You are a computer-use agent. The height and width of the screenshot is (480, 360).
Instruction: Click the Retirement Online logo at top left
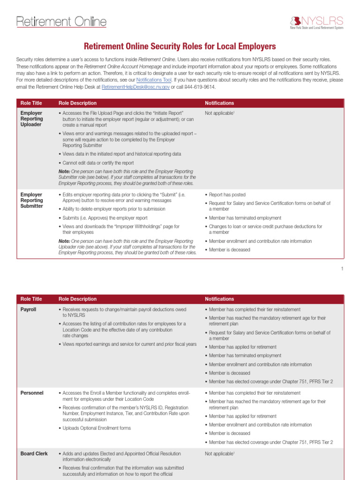pyautogui.click(x=61, y=22)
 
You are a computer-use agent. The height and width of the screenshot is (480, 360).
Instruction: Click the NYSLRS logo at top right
pyautogui.click(x=316, y=22)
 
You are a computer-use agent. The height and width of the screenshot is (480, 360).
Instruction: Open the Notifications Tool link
pyautogui.click(x=154, y=80)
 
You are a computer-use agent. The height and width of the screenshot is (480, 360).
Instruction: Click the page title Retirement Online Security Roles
pyautogui.click(x=180, y=46)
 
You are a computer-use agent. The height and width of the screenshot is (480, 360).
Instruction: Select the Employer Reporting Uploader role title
pyautogui.click(x=32, y=119)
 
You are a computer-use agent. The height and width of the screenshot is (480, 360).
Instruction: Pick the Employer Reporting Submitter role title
pyautogui.click(x=32, y=200)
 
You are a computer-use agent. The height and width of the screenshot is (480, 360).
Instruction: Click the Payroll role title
pyautogui.click(x=28, y=310)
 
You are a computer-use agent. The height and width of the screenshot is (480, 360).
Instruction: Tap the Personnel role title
pyautogui.click(x=32, y=393)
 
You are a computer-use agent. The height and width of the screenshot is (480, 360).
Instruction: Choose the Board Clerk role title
pyautogui.click(x=34, y=454)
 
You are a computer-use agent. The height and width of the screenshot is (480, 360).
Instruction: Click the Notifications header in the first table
pyautogui.click(x=219, y=103)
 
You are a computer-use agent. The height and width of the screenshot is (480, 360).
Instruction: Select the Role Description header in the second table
pyautogui.click(x=77, y=299)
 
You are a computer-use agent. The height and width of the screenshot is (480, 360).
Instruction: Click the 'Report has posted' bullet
pyautogui.click(x=227, y=195)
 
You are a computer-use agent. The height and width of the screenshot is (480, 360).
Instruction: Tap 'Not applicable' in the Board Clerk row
pyautogui.click(x=218, y=454)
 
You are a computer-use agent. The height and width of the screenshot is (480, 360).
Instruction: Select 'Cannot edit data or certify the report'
pyautogui.click(x=98, y=163)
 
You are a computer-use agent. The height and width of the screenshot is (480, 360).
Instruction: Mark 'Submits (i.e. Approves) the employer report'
pyautogui.click(x=105, y=218)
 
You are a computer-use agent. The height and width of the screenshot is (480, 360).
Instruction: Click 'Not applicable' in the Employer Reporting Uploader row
pyautogui.click(x=218, y=113)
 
